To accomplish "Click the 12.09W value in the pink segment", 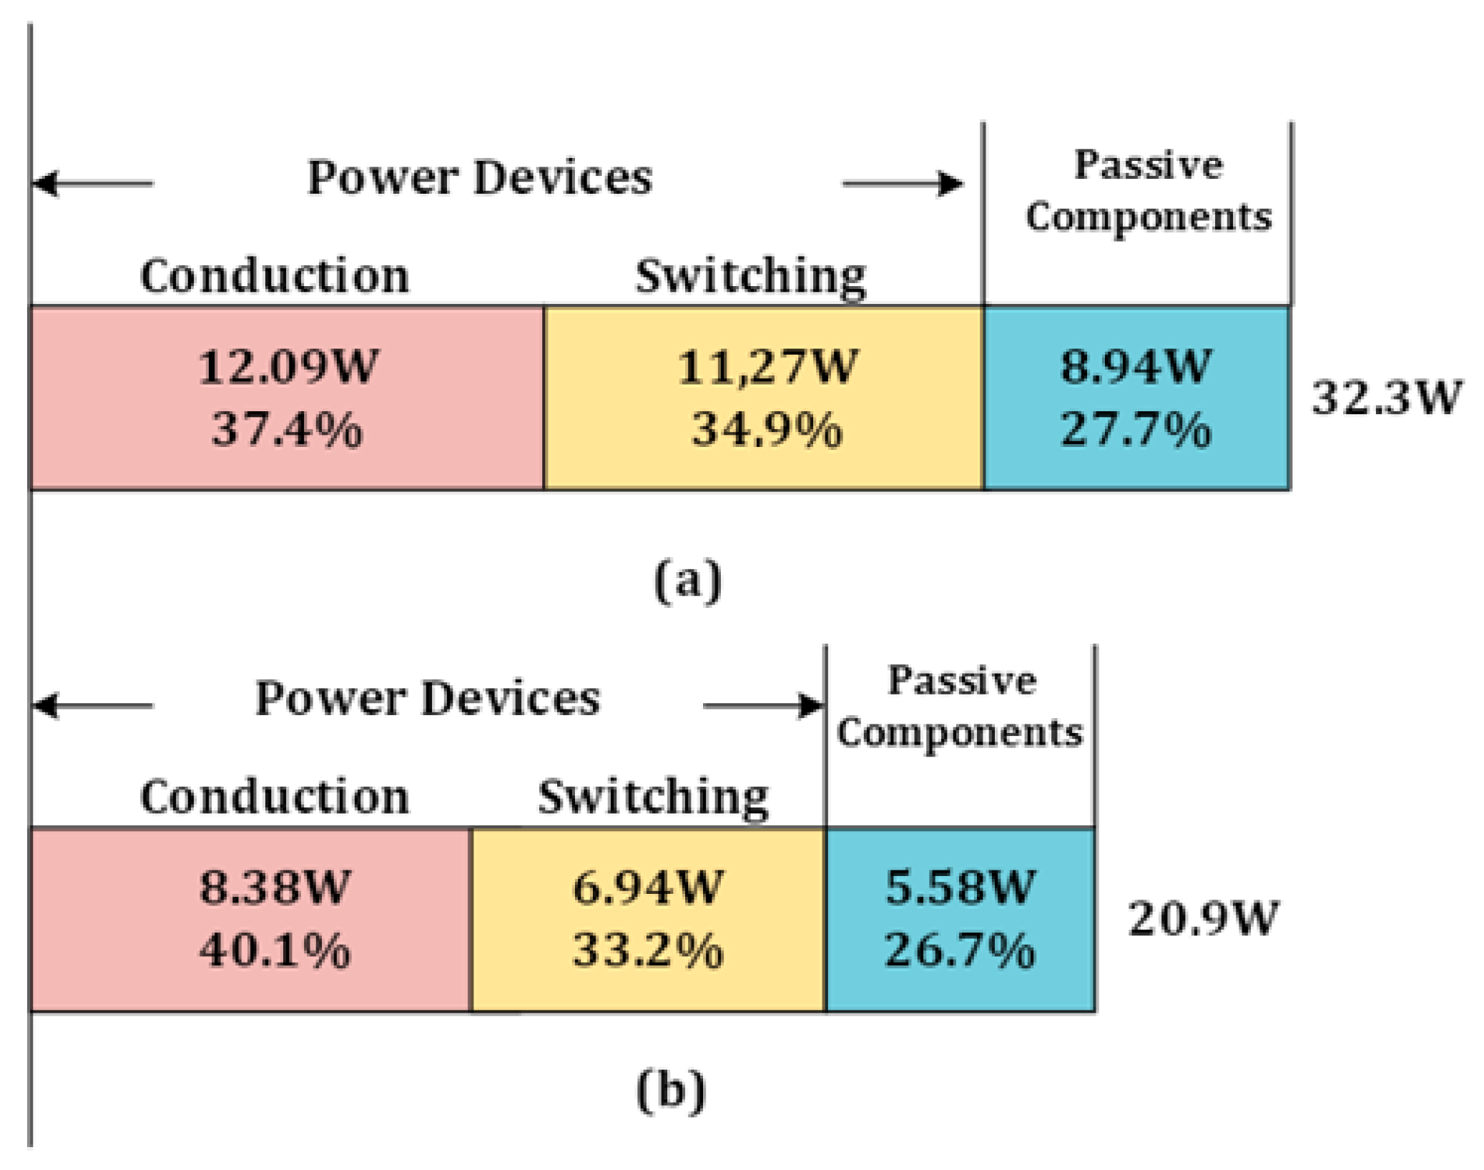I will point(288,367).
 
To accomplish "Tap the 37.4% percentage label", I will point(288,430).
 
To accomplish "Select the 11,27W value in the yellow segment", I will point(766,367).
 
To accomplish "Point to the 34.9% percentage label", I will point(766,430).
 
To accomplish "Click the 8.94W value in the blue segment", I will point(1135,367).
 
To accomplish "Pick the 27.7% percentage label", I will point(1135,430).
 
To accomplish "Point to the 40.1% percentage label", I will point(275,950).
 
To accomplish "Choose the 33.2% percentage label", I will point(647,950).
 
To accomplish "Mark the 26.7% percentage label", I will point(960,950).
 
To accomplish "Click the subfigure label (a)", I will point(687,581).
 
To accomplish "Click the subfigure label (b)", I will point(670,1090).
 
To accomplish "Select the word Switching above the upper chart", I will point(750,276).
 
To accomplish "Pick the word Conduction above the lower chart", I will point(275,797).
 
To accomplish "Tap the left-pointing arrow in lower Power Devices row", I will point(93,705).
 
